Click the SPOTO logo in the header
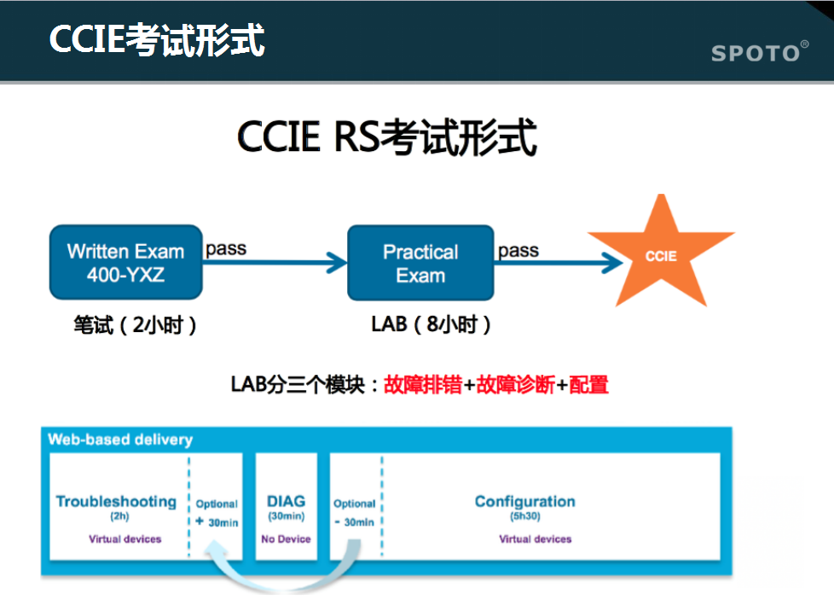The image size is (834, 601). [760, 51]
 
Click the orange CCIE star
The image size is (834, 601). [661, 255]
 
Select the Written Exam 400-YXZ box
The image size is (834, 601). [126, 262]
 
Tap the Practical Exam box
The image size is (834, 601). [420, 263]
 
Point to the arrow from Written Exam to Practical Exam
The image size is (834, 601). [275, 262]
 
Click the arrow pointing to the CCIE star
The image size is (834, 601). [559, 262]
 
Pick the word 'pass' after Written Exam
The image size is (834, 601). [226, 248]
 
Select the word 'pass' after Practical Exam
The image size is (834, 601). [518, 250]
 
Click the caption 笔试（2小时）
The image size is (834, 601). [135, 324]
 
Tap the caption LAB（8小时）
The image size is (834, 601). [431, 324]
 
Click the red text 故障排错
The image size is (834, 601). [423, 384]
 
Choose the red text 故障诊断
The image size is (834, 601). [515, 384]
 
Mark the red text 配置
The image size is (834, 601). [588, 384]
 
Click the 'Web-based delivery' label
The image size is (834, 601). [120, 440]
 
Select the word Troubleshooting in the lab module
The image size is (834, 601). [116, 501]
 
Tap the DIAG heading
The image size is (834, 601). [287, 501]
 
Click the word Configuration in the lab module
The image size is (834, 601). [525, 501]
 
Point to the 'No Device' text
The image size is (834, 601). [286, 540]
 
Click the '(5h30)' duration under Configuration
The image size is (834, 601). [525, 516]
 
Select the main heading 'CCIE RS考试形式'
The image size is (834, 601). [386, 137]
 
